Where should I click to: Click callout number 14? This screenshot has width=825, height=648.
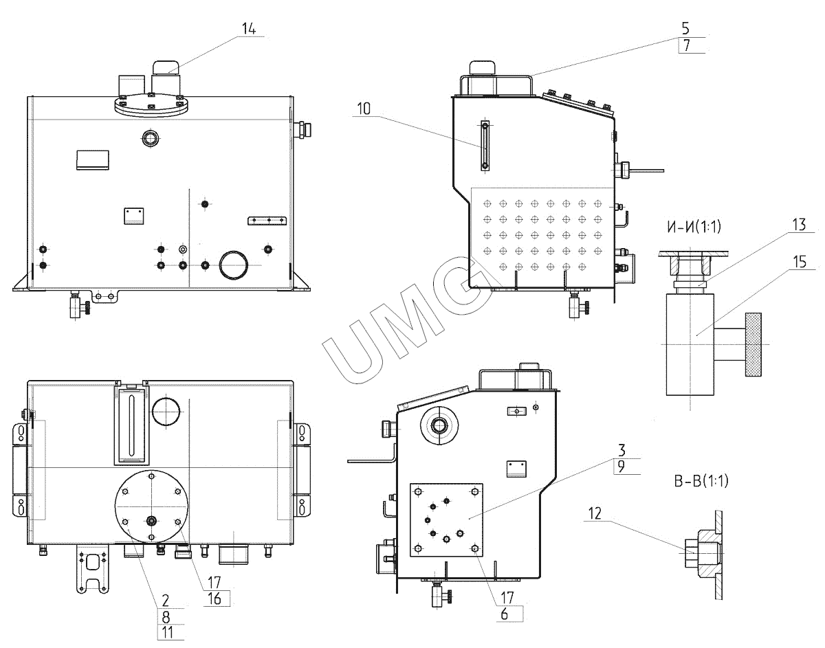(x=249, y=29)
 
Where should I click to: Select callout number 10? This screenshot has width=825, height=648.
(x=363, y=109)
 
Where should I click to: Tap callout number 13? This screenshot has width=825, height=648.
(x=799, y=225)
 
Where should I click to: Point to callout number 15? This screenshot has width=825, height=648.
(x=800, y=262)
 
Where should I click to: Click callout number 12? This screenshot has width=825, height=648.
(x=595, y=514)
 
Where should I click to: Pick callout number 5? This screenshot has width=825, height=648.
(x=685, y=28)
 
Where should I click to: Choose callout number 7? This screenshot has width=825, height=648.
(x=686, y=45)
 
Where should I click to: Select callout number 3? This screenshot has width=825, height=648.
(x=621, y=450)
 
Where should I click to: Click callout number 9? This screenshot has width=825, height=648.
(x=621, y=467)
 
